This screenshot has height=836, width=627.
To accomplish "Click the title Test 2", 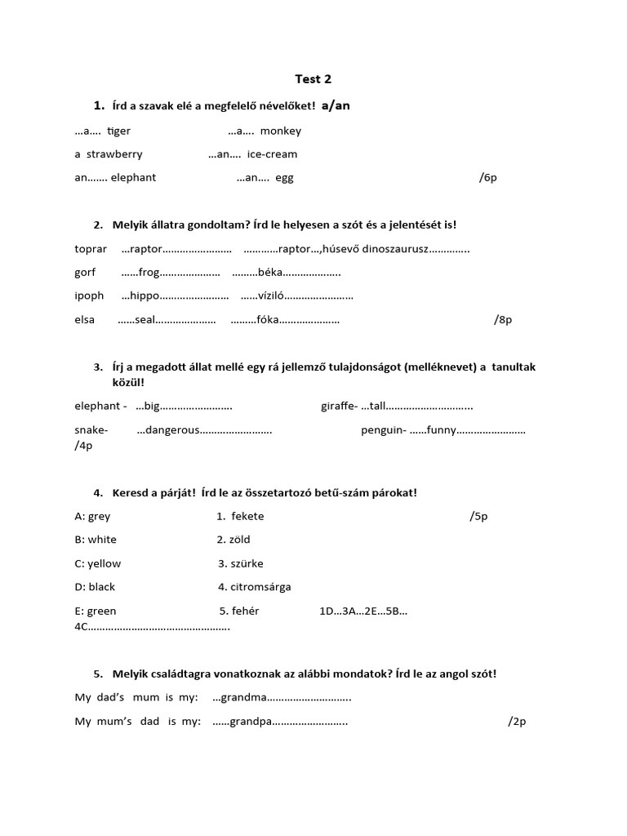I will pyautogui.click(x=313, y=79).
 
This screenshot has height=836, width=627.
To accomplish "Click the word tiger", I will pyautogui.click(x=118, y=131).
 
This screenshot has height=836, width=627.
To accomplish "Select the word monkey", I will pyautogui.click(x=280, y=131).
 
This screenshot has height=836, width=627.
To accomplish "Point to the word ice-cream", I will pyautogui.click(x=272, y=153).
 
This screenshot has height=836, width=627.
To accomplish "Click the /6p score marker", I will pyautogui.click(x=488, y=177).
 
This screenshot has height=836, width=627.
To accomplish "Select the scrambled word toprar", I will pyautogui.click(x=91, y=249).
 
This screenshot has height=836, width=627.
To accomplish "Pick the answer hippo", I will pyautogui.click(x=145, y=296).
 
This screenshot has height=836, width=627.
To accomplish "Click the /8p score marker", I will pyautogui.click(x=503, y=319).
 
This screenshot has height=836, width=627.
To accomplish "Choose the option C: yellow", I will pyautogui.click(x=98, y=563).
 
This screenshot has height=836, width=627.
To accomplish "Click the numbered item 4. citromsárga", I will pyautogui.click(x=255, y=587).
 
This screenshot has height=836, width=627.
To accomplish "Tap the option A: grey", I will pyautogui.click(x=92, y=516).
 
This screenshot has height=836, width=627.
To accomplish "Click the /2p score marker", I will pyautogui.click(x=517, y=722).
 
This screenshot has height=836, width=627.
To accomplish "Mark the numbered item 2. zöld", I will pyautogui.click(x=233, y=540).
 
